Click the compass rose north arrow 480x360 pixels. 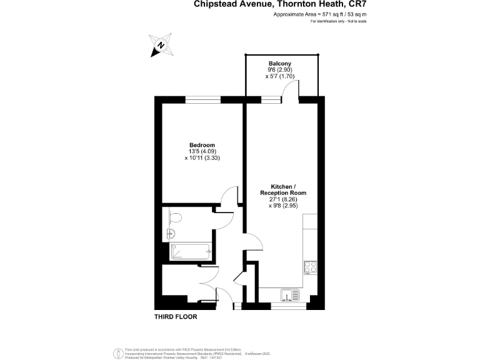click(161, 45)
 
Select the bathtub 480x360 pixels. click(191, 251)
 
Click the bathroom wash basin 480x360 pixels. click(172, 234)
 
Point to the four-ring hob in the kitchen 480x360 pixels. click(311, 267)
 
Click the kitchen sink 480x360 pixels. click(290, 294)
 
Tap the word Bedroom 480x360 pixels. click(202, 145)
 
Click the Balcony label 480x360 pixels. click(279, 64)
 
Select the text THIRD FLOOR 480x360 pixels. click(176, 317)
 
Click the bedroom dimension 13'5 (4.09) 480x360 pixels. click(202, 152)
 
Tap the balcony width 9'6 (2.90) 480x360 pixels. click(279, 71)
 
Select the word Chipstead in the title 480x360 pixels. click(216, 4)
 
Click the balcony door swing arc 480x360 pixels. click(289, 89)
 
